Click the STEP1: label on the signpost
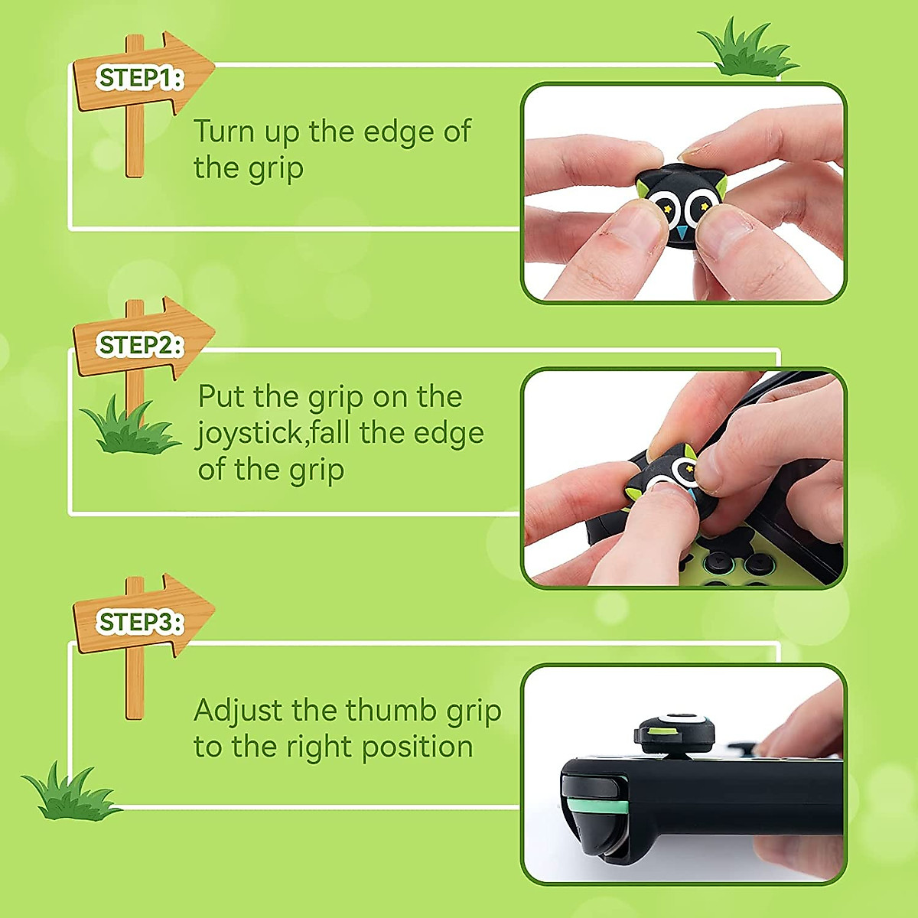tap(140, 78)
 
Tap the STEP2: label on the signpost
tap(140, 346)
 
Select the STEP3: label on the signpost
tap(140, 622)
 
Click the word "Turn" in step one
tap(223, 132)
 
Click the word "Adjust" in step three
tap(238, 711)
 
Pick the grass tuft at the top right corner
tap(746, 50)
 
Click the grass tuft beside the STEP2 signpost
tap(127, 430)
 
